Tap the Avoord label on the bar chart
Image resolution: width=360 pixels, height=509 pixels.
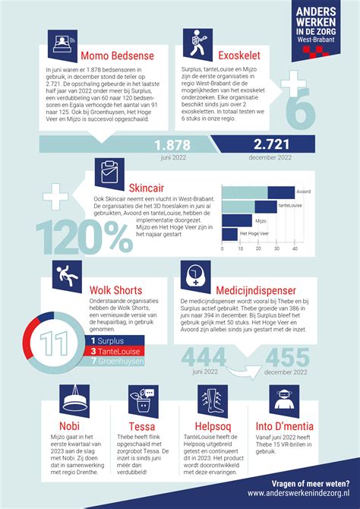[304, 191]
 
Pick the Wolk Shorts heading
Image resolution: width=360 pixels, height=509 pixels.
[116, 289]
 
